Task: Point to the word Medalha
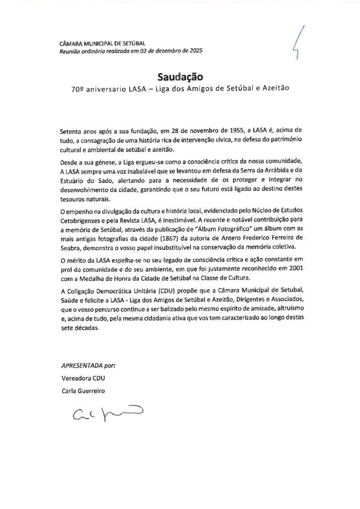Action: point(106,278)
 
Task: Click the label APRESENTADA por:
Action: point(88,365)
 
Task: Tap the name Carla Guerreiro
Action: point(83,390)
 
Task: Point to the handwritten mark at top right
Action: point(299,43)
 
